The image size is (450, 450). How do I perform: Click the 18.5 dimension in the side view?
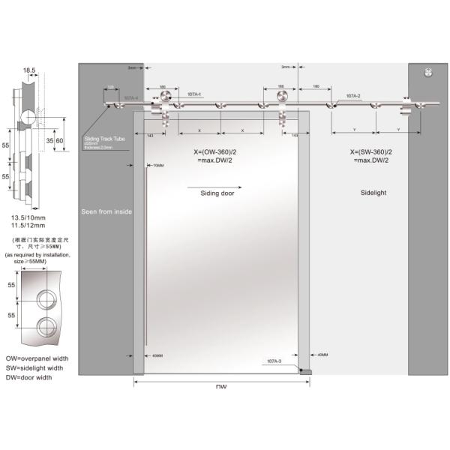pos(29,70)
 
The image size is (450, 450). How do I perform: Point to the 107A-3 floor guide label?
pos(274,362)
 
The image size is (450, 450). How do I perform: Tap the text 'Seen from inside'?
pos(106,212)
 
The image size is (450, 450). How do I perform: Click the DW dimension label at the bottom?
pos(221,387)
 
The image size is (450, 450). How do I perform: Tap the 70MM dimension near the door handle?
pos(157,166)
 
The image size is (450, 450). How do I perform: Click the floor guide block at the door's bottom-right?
pos(305,370)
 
